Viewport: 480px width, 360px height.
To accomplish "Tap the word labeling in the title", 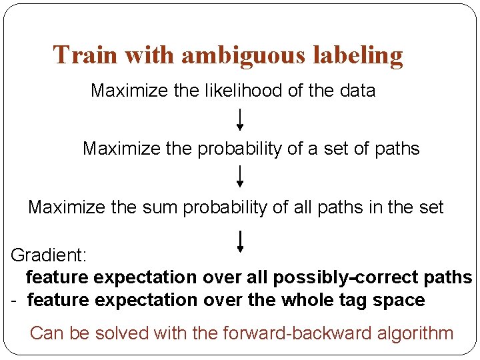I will [361, 55].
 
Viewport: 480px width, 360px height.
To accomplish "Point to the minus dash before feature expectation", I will [14, 301].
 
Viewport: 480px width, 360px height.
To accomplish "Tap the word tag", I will [357, 301].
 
